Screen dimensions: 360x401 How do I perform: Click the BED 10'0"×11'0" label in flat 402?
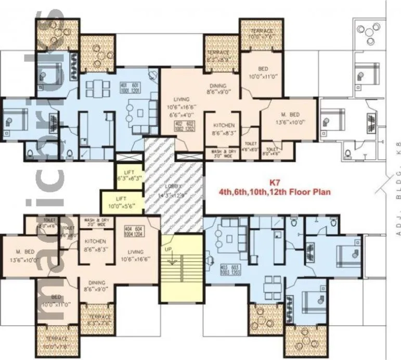pos(263,73)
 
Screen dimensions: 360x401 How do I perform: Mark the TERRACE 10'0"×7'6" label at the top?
pos(261,34)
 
